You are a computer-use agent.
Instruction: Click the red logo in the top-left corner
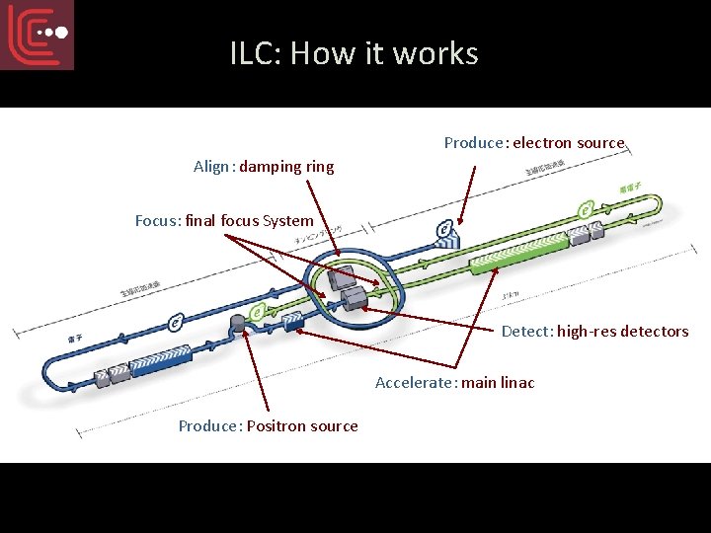coord(38,35)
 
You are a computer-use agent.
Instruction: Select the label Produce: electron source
coord(534,143)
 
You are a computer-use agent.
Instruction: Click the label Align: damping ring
coord(264,167)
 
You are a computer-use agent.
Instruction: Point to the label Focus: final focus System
coord(224,221)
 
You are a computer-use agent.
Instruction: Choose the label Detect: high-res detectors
coord(594,332)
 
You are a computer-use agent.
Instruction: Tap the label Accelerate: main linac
coord(454,383)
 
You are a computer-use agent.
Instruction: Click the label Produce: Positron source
coord(268,426)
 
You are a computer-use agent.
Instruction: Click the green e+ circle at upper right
coord(586,209)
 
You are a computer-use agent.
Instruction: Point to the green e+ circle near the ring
coord(258,314)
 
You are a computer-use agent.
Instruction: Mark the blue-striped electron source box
coord(446,231)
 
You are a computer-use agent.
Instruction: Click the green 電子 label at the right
coord(628,188)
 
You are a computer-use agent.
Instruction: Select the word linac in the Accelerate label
coord(517,383)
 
